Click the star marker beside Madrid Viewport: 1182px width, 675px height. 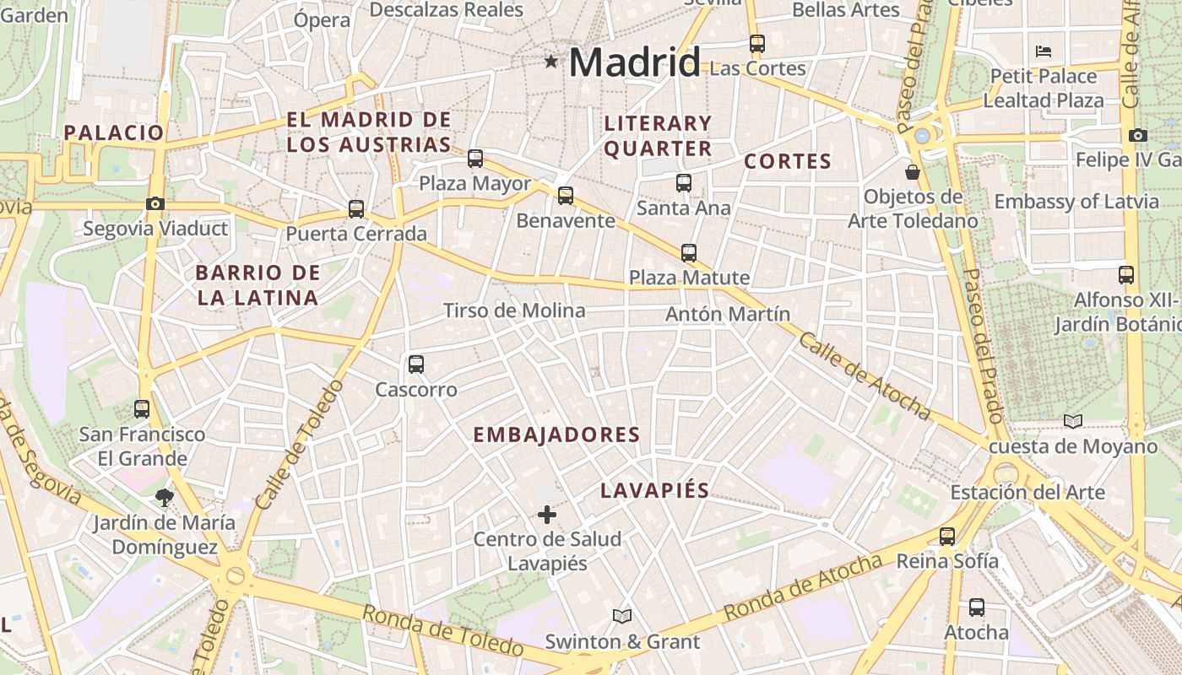point(551,61)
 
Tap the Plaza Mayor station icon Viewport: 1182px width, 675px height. point(475,158)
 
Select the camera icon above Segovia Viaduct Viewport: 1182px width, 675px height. point(155,203)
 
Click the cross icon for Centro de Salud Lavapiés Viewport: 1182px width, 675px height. point(547,514)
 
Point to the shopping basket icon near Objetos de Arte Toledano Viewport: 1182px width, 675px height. point(912,172)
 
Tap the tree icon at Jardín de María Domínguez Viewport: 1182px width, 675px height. point(165,497)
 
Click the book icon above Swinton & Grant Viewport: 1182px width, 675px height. point(622,616)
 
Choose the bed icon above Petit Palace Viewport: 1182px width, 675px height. point(1044,51)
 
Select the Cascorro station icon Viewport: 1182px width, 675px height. point(415,364)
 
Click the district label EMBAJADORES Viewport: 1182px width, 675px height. point(556,435)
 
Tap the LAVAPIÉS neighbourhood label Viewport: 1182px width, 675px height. point(654,491)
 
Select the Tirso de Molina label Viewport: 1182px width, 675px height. point(514,310)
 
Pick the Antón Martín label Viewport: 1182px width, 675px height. point(728,314)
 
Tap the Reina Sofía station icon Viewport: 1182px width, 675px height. point(947,536)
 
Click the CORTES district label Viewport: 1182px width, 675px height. point(788,161)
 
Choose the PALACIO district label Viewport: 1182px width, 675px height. point(113,132)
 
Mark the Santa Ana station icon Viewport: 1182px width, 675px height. point(683,182)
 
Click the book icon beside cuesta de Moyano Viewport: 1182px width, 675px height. point(1073,420)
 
